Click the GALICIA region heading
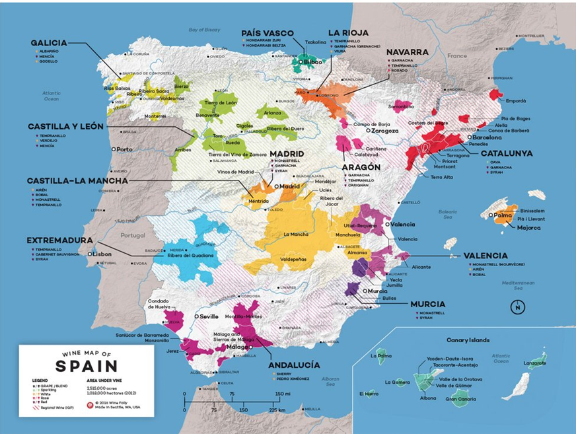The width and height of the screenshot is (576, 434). (49, 43)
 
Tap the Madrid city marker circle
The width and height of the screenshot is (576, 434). (277, 187)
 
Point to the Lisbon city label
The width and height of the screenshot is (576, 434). (100, 254)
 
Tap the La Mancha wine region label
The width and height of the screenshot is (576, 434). (295, 234)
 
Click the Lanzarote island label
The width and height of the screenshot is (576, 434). (534, 363)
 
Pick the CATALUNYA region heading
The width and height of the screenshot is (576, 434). (507, 153)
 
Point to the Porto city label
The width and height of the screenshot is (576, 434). (124, 149)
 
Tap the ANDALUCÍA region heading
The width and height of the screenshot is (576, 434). (294, 365)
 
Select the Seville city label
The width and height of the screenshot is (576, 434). (208, 316)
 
